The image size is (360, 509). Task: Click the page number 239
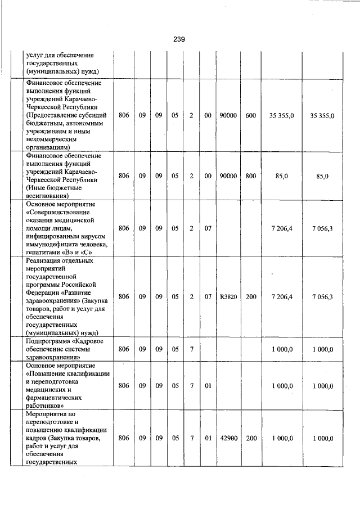(x=179, y=39)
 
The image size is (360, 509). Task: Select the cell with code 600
(x=251, y=115)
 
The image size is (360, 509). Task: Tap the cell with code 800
(x=251, y=176)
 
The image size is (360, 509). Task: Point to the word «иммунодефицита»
(x=56, y=244)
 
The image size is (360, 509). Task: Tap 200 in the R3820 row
(x=251, y=297)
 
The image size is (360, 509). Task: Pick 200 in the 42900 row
(x=251, y=438)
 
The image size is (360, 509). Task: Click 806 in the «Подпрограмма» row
(x=124, y=349)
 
